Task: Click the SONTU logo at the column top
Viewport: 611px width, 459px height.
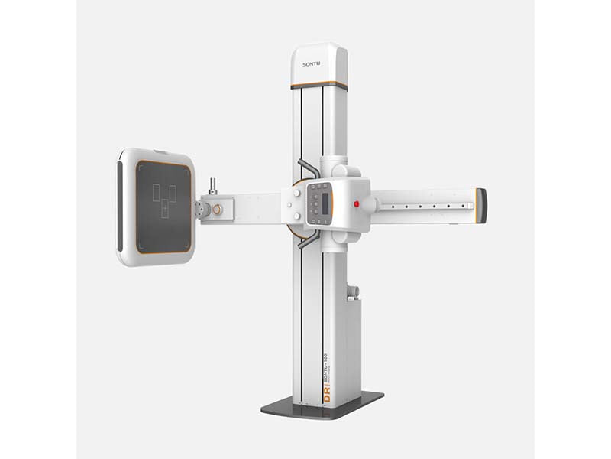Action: [x=319, y=63]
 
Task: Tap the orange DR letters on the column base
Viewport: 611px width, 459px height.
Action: [x=327, y=397]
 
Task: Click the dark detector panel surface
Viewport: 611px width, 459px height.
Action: [x=163, y=206]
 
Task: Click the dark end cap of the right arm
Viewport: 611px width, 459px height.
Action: [x=480, y=205]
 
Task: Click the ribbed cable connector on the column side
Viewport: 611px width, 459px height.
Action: [x=352, y=291]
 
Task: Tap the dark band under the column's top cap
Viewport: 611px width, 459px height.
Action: [x=319, y=85]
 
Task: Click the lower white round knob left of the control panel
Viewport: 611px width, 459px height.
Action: [x=296, y=215]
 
